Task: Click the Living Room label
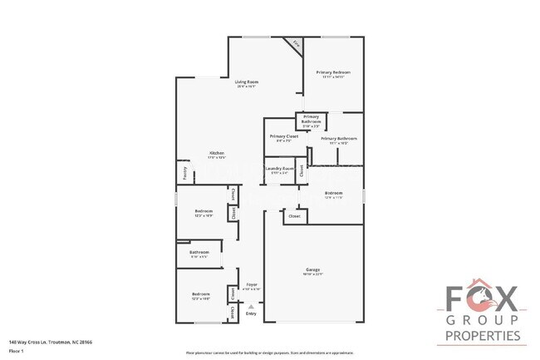247,81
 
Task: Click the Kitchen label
217,154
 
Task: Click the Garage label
313,269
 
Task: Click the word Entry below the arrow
252,313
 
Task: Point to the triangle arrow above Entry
252,305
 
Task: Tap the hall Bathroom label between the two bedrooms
199,253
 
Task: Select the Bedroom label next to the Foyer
201,295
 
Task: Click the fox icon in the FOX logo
482,298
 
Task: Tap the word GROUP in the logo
483,320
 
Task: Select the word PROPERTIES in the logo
483,337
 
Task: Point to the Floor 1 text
16,350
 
